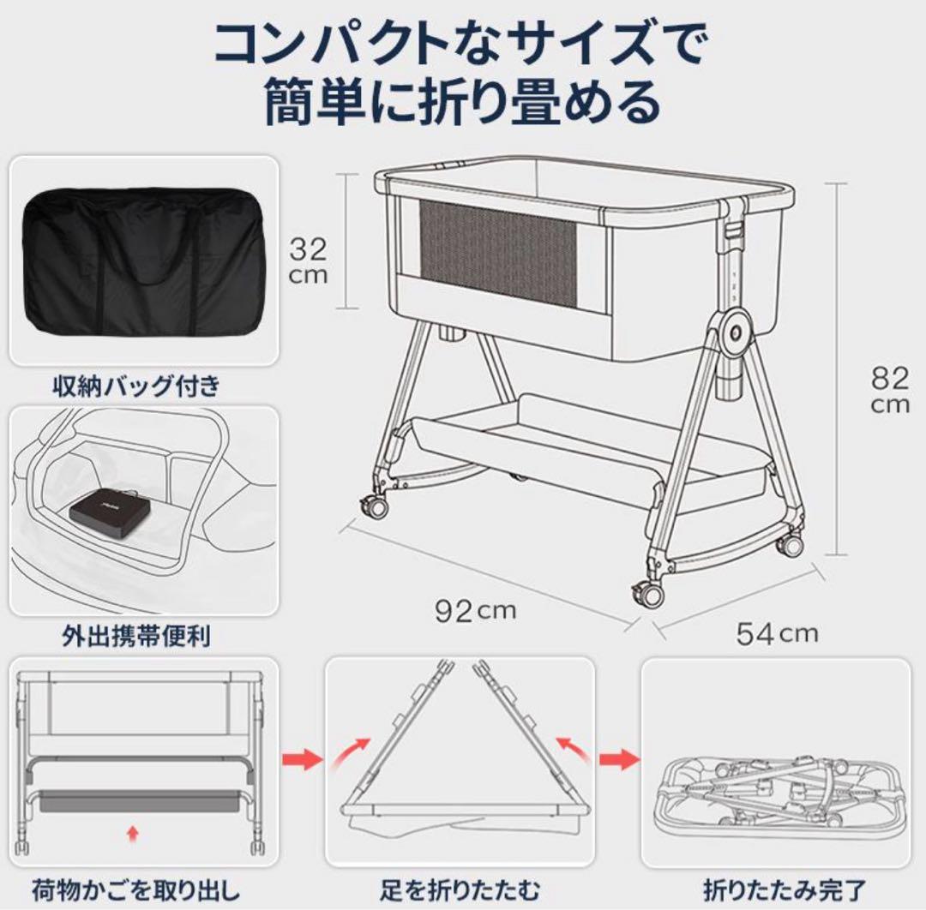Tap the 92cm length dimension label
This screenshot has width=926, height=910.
pos(473,610)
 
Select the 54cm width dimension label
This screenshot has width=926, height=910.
pos(777,632)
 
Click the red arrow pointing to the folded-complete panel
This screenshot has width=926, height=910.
pos(620,758)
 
